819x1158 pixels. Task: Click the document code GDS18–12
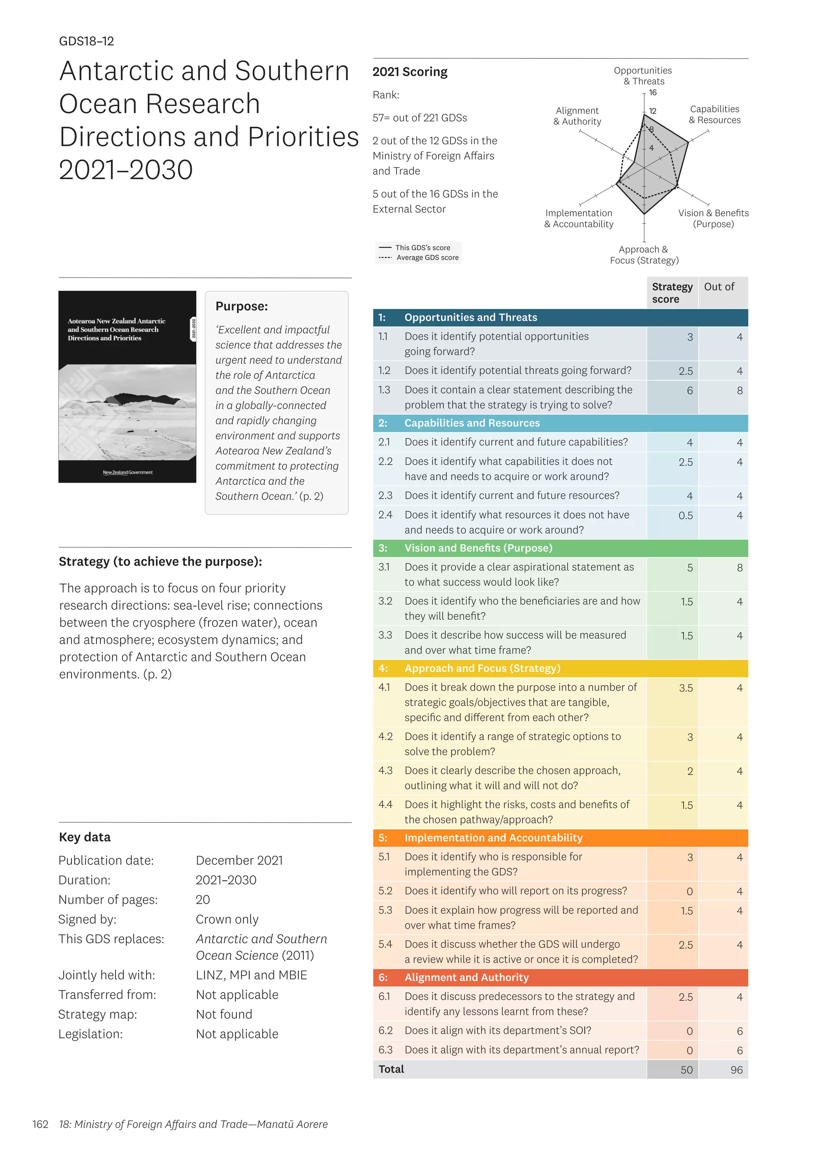pos(86,41)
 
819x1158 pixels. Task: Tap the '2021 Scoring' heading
pos(409,72)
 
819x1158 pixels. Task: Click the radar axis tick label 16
pos(653,93)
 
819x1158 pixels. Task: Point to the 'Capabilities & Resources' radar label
pos(715,114)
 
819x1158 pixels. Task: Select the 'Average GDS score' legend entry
pos(427,258)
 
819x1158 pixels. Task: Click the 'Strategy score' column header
pos(672,293)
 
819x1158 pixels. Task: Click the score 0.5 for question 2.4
pos(685,516)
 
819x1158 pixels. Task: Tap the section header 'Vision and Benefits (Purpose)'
pos(478,548)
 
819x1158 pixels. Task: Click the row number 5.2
pos(385,891)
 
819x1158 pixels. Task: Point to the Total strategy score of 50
pos(686,1070)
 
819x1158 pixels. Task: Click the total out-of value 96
pos(736,1070)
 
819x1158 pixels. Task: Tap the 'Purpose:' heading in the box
pos(242,307)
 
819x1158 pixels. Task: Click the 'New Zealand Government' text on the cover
pos(128,473)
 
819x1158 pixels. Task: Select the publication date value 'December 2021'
pos(239,861)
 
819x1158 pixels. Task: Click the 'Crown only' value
pos(227,919)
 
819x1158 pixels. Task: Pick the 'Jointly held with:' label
pos(107,975)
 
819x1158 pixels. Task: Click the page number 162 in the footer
pos(40,1124)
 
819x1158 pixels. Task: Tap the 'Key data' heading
pos(85,837)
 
